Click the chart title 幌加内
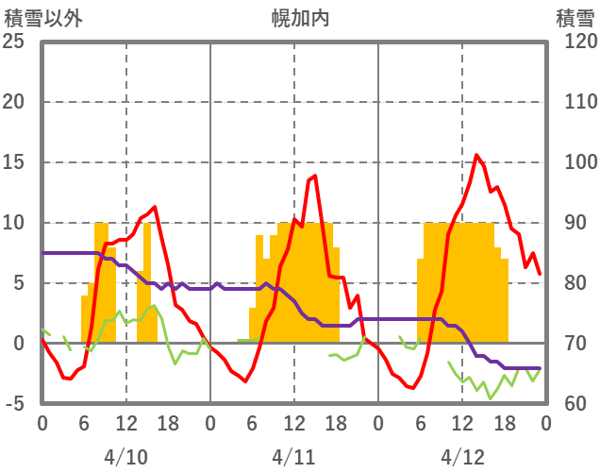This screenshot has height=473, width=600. coord(299,17)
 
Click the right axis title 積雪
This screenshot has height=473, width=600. coord(575,17)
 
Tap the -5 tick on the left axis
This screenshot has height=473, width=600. coord(16,404)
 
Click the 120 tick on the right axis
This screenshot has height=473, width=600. coord(575,42)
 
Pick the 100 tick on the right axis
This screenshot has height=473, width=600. coord(575,162)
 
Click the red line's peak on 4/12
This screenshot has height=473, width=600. coord(476,156)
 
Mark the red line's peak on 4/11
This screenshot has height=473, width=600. coord(315,176)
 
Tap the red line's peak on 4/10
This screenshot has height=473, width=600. coord(154,207)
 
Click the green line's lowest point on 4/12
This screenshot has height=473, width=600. coord(490,398)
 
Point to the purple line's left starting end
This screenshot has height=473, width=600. coord(42,253)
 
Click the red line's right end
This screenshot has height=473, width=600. coord(540,274)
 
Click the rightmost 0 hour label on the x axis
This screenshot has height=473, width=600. coord(545,424)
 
